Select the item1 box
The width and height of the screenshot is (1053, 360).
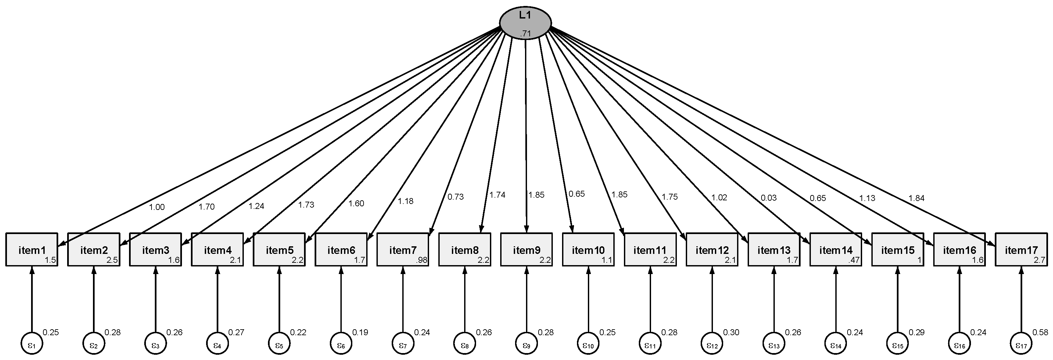click(32, 249)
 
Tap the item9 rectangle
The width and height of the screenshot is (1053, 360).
click(527, 249)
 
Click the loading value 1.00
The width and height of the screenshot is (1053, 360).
click(156, 207)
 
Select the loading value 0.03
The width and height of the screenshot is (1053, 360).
click(768, 198)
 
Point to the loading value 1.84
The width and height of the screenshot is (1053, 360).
click(916, 199)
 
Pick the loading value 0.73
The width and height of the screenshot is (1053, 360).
click(455, 197)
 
